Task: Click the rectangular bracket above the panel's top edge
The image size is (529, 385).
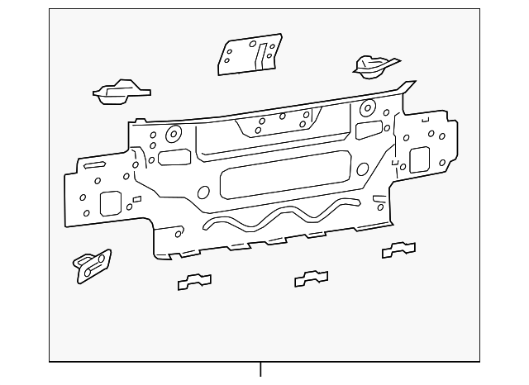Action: (250, 54)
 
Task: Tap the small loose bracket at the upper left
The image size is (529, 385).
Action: (120, 92)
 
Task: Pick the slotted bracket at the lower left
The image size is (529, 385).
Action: (93, 264)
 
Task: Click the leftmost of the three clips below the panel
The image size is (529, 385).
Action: (194, 282)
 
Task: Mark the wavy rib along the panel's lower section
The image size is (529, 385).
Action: (281, 216)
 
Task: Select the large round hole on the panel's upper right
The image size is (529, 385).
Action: (366, 107)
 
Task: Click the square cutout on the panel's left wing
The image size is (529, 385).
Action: (110, 202)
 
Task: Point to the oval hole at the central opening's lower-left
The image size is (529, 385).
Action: (203, 193)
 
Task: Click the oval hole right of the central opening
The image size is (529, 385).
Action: (363, 171)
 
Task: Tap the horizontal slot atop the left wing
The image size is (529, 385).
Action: (94, 166)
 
